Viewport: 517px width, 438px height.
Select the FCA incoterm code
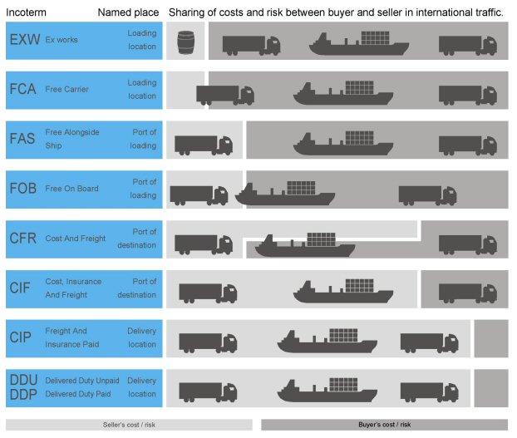[22, 89]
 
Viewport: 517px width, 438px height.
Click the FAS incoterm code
[22, 138]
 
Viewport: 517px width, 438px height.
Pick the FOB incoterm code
[22, 188]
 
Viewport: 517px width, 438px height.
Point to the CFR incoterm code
[22, 238]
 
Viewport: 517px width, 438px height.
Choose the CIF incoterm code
[20, 288]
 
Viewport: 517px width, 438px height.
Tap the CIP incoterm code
[20, 337]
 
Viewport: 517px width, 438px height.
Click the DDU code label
[22, 380]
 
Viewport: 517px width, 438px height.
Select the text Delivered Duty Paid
[81, 394]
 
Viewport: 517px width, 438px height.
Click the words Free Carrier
[66, 90]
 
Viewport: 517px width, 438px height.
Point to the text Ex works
[62, 40]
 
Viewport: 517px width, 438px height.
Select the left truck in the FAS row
[203, 145]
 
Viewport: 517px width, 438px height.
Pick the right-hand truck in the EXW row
[467, 46]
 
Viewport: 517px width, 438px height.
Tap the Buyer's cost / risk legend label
[384, 425]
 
